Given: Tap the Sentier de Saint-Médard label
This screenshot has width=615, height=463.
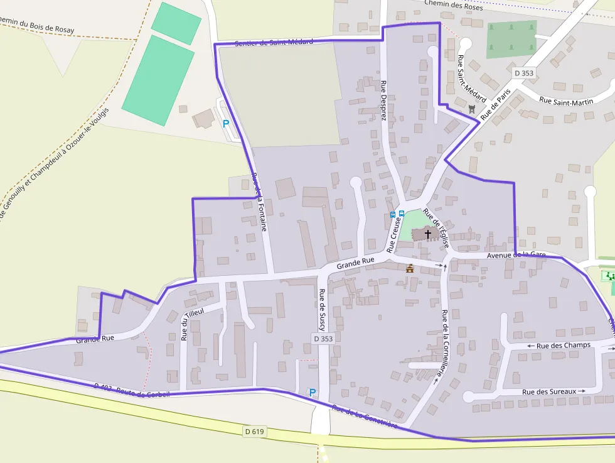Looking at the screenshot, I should point(274,43).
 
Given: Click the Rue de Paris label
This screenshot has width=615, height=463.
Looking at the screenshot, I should point(495,104).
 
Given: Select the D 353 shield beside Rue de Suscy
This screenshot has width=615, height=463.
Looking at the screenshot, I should point(323,339).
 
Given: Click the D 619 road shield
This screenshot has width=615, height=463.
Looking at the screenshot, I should point(254,431).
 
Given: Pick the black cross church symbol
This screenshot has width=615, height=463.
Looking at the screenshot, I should point(428,234).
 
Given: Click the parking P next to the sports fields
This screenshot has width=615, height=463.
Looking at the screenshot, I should point(225,124).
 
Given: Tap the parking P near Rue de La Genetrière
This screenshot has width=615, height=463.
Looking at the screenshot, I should point(313,393).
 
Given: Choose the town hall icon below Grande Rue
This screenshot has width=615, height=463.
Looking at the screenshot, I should point(410,268).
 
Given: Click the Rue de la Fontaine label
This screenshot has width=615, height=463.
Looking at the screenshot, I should point(259,202).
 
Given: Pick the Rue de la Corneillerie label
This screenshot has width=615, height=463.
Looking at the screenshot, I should point(445,345).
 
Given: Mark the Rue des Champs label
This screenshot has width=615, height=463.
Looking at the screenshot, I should point(559,346).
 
